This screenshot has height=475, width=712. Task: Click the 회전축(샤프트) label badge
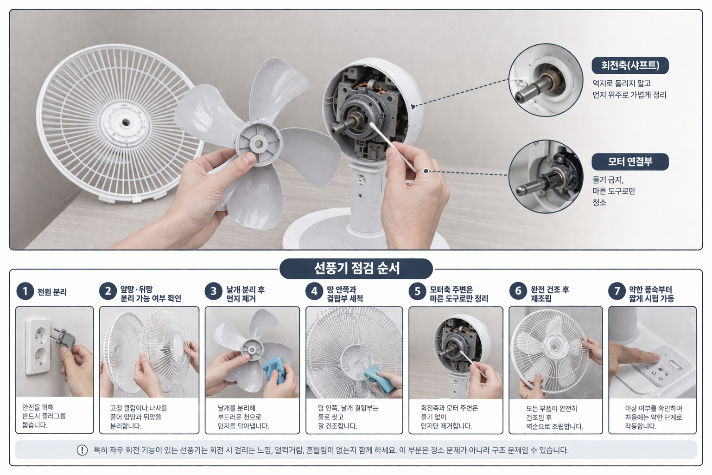tap(629, 65)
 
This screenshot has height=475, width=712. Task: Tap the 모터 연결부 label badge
tap(629, 161)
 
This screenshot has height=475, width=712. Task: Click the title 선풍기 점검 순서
tap(356, 269)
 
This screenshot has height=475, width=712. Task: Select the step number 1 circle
tap(25, 291)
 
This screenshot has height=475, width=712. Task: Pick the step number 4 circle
tap(314, 291)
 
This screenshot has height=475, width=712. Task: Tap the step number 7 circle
tap(617, 291)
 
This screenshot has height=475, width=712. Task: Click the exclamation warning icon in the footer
tap(82, 450)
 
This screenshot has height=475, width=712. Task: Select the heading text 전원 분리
tap(52, 292)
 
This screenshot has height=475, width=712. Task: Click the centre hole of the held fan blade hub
tap(258, 144)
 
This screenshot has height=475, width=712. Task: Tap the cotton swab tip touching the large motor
tap(372, 126)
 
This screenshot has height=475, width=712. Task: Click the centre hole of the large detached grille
tap(126, 122)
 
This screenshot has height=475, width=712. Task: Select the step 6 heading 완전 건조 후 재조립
tap(550, 294)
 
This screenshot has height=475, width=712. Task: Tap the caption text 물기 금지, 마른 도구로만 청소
tap(613, 191)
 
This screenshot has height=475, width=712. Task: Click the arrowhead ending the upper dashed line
tap(413, 107)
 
